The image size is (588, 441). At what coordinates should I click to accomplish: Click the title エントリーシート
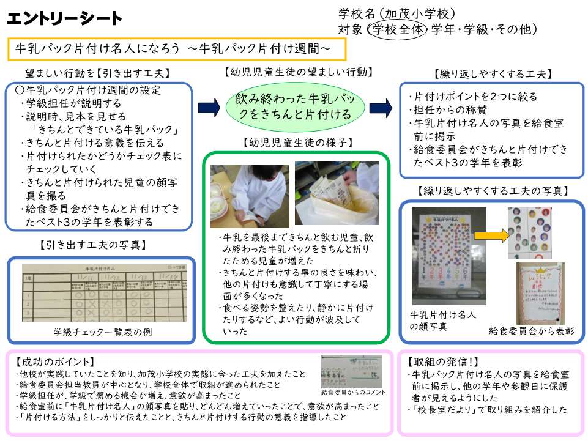[x=64, y=19]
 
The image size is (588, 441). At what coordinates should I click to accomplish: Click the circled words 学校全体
[x=397, y=29]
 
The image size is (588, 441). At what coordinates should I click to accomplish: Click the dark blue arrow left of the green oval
[x=209, y=108]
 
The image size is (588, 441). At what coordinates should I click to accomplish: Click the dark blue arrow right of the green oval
[x=380, y=107]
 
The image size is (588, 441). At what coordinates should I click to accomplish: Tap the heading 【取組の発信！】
[x=437, y=361]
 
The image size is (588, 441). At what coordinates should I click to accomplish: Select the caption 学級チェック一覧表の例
[x=103, y=332]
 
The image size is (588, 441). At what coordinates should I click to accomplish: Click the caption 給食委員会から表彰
[x=532, y=331]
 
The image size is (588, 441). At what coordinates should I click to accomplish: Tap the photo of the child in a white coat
[x=241, y=196]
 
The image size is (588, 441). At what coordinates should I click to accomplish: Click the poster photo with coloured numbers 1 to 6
[x=449, y=255]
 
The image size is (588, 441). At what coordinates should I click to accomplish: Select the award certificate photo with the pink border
[x=540, y=293]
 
